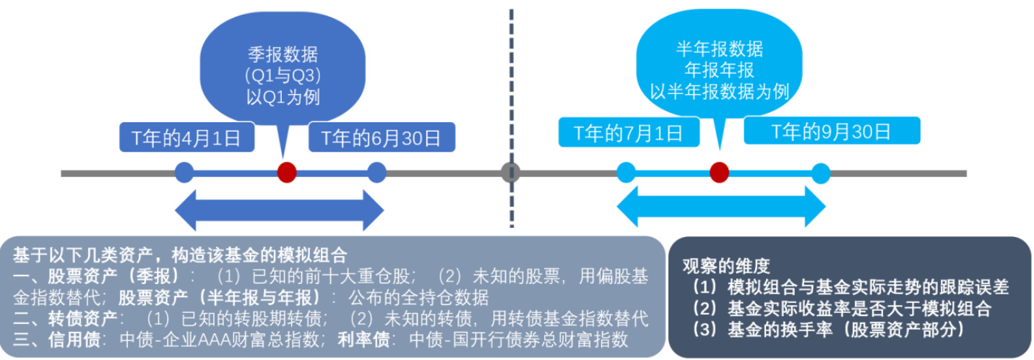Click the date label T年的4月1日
(187, 137)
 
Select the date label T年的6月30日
(382, 137)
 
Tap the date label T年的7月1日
(628, 132)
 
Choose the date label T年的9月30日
(832, 132)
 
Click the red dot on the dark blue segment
(287, 173)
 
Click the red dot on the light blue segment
(718, 172)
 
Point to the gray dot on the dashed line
(511, 173)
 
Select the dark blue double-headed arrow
(280, 210)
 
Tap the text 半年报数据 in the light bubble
(719, 50)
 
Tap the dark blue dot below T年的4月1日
(185, 173)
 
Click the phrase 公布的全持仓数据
(418, 297)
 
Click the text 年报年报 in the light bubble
(719, 70)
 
